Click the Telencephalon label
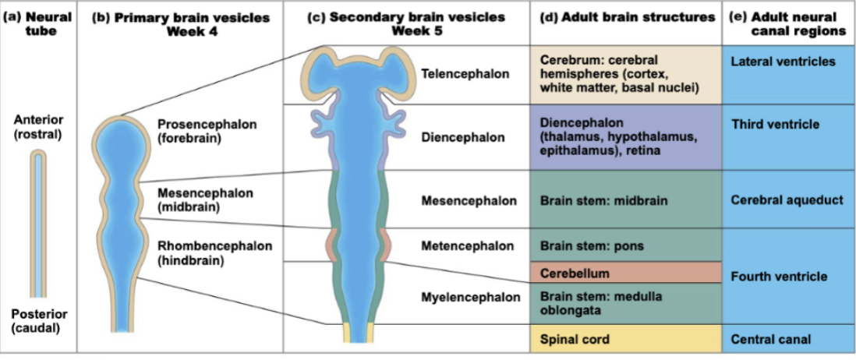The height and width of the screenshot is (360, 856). [x=465, y=74]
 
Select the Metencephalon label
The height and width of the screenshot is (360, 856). [x=467, y=246]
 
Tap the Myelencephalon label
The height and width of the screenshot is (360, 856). [x=470, y=297]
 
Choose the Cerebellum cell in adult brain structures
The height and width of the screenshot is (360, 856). [x=626, y=274]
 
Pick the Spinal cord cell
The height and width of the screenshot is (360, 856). [x=626, y=340]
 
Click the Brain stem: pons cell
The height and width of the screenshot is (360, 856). [x=626, y=245]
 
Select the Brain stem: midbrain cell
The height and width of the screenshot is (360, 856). [x=626, y=200]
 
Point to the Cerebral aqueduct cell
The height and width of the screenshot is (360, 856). [x=788, y=200]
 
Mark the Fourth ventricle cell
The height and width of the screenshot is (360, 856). [x=788, y=277]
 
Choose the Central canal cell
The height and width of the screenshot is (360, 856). [x=788, y=340]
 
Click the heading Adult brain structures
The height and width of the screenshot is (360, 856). [x=627, y=17]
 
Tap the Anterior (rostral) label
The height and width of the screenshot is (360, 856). [x=38, y=126]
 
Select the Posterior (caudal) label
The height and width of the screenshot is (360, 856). [x=38, y=321]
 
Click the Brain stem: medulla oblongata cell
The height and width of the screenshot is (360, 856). [x=626, y=302]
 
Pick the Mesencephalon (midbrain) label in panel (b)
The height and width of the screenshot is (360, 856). [x=200, y=199]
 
